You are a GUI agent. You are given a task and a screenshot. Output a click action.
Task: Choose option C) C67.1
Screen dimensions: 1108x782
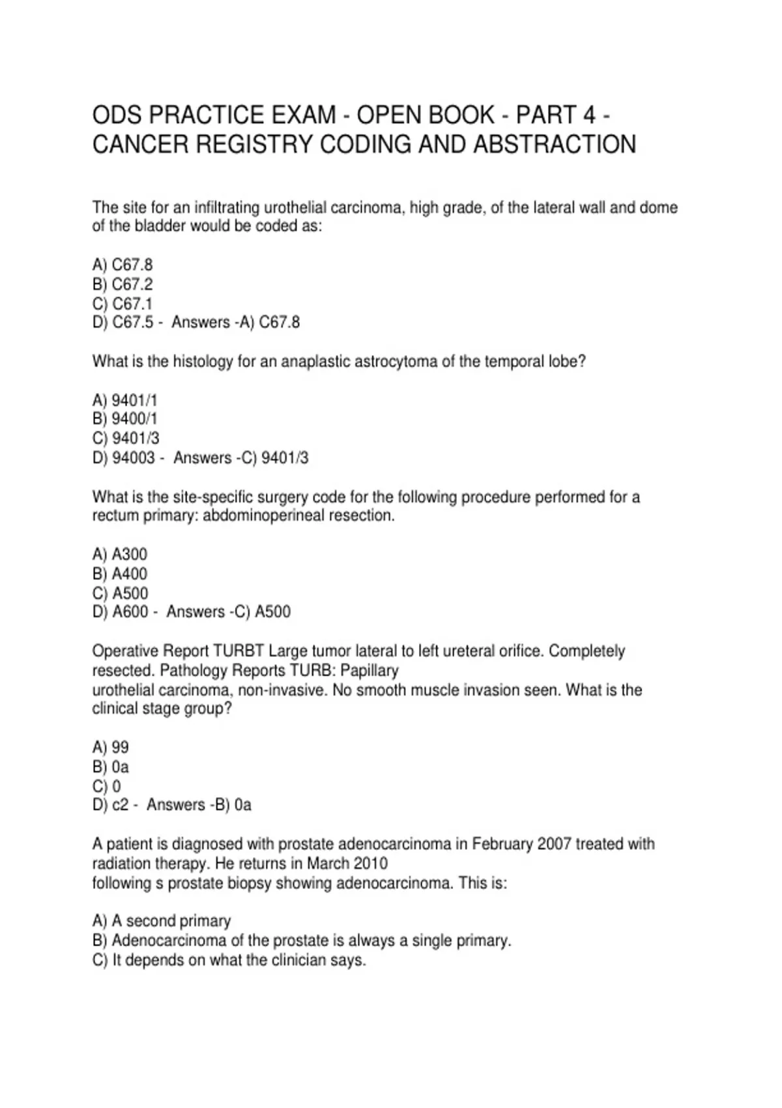[123, 304]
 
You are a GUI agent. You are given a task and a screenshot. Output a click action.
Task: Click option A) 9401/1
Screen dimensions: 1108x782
[125, 400]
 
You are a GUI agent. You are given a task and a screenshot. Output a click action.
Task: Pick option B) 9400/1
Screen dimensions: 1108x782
[125, 418]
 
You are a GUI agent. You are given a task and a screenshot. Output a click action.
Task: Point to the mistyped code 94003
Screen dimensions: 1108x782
[134, 458]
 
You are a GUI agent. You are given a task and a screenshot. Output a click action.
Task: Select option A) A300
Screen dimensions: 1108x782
[120, 554]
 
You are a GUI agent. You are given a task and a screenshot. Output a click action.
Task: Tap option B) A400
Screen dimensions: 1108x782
[120, 574]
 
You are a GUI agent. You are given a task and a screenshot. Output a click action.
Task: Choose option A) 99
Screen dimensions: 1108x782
[111, 747]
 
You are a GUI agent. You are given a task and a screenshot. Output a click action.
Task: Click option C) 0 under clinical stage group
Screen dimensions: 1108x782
[107, 786]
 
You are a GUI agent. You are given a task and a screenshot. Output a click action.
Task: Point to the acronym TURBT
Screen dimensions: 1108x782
[239, 651]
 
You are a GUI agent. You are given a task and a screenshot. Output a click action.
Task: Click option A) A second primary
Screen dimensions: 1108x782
[162, 921]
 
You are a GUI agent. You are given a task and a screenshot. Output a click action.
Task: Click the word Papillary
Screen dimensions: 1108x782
[369, 671]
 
